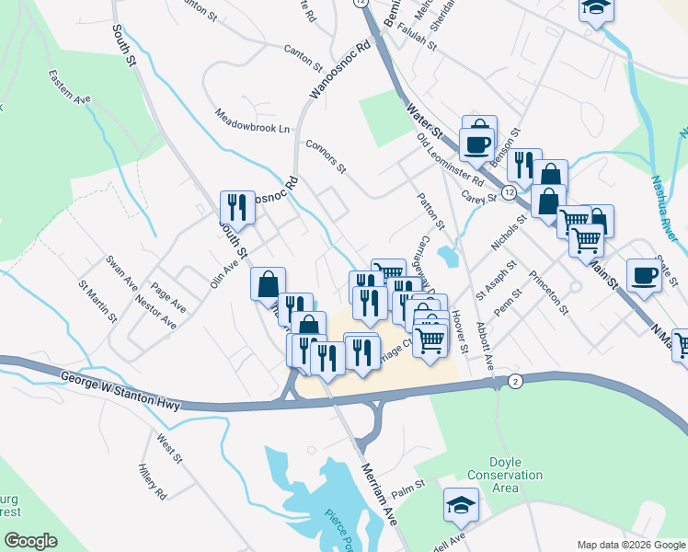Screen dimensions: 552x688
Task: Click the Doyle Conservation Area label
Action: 505,475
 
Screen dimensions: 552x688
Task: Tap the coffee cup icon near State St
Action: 645,274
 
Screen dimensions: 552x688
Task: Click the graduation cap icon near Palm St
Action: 461,502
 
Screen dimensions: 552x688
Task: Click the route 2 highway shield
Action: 516,382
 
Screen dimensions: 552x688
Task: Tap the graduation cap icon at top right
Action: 595,7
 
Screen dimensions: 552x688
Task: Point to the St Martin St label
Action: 97,301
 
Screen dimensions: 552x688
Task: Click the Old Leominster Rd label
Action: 450,158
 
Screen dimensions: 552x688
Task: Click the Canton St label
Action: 303,59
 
